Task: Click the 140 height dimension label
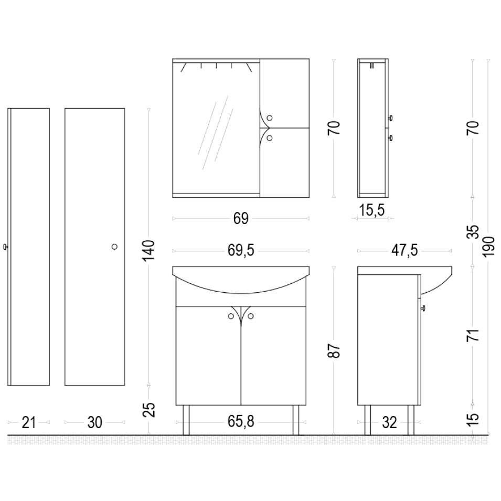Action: click(x=148, y=250)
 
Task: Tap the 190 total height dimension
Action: click(x=488, y=247)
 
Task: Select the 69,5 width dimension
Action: click(x=241, y=251)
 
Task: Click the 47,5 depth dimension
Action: click(x=404, y=251)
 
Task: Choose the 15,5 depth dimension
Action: click(x=372, y=210)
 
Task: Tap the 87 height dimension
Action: click(x=334, y=350)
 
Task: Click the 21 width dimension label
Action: click(x=29, y=422)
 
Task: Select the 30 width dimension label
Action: click(x=94, y=422)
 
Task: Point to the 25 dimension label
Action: click(x=148, y=410)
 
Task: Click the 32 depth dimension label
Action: click(x=389, y=422)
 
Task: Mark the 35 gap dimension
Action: click(x=474, y=232)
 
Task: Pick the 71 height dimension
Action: click(x=474, y=335)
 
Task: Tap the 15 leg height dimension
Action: click(x=474, y=417)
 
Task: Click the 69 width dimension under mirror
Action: click(x=241, y=219)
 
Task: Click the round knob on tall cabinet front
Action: click(x=114, y=247)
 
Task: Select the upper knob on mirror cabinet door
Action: click(x=269, y=118)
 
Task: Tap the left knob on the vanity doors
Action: click(x=231, y=316)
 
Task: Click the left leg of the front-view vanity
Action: click(x=186, y=420)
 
